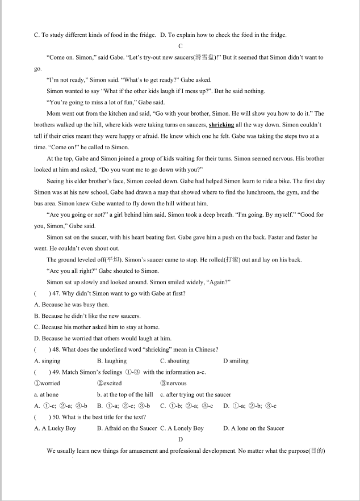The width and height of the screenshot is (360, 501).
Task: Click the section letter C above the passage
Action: pos(180,46)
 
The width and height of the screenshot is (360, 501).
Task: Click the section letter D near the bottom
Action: pos(180,440)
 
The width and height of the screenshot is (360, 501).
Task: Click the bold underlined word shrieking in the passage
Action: pos(221,125)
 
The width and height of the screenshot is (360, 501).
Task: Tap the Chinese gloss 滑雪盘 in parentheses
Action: pos(204,57)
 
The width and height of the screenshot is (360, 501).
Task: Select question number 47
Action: pos(55,293)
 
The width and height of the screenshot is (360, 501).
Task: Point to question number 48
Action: pos(55,350)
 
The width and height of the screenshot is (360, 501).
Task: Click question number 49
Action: pos(55,372)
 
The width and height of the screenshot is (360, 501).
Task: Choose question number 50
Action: pos(55,417)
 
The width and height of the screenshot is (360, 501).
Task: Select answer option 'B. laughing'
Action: pos(111,361)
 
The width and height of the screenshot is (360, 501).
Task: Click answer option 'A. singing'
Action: pos(47,361)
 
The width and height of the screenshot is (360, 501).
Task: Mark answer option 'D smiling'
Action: pos(236,361)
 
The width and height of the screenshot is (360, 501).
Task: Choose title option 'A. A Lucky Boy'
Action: pos(55,428)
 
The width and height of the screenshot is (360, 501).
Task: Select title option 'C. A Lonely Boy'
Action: pos(182,428)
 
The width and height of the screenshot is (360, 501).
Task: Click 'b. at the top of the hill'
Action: pos(125,394)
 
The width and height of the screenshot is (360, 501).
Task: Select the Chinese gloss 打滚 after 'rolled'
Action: pos(231,260)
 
